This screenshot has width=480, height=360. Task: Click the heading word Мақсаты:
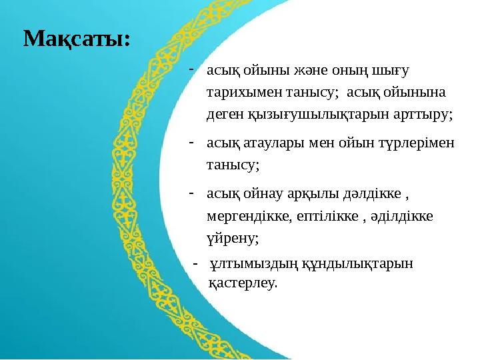tap(77, 39)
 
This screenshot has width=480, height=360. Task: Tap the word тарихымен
tap(239, 92)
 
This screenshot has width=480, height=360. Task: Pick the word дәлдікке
tap(371, 194)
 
